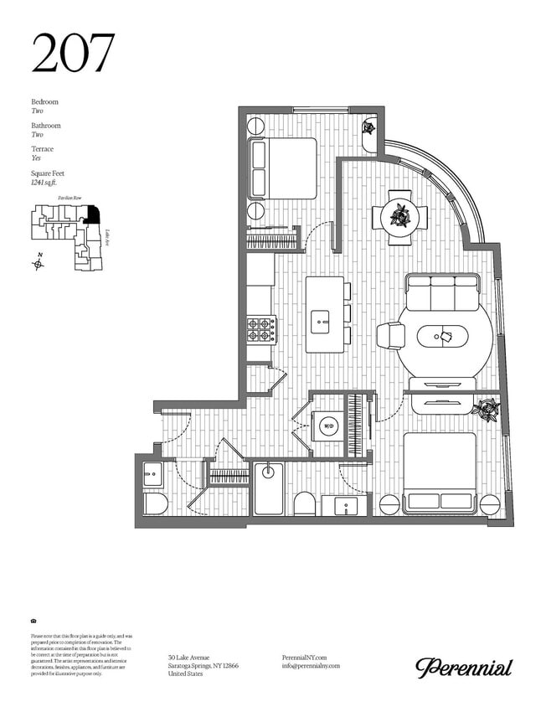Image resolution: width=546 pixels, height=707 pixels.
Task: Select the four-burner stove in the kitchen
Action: (x=260, y=329)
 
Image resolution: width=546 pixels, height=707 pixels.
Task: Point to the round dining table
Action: (x=400, y=216)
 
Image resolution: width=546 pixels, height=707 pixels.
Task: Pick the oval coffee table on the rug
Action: (x=444, y=337)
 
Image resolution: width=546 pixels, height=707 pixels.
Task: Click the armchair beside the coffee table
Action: (x=391, y=336)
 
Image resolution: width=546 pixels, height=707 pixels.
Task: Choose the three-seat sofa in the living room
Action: (x=442, y=292)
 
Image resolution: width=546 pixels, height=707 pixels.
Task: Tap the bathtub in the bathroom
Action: (x=269, y=489)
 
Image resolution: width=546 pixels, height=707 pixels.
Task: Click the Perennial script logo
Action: (x=464, y=667)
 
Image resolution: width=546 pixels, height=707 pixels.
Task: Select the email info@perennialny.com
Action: (x=312, y=666)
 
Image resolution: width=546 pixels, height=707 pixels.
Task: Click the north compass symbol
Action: (x=38, y=263)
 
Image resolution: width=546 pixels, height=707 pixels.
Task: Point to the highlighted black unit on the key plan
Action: (x=93, y=214)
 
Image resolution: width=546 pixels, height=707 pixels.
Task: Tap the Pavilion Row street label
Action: (x=70, y=198)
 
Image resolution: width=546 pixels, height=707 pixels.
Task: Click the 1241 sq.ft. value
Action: (x=47, y=182)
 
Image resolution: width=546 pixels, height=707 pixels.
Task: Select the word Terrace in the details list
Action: (x=42, y=149)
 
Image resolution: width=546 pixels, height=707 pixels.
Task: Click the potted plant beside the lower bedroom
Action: (x=485, y=410)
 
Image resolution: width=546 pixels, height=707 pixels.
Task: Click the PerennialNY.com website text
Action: (x=305, y=658)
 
